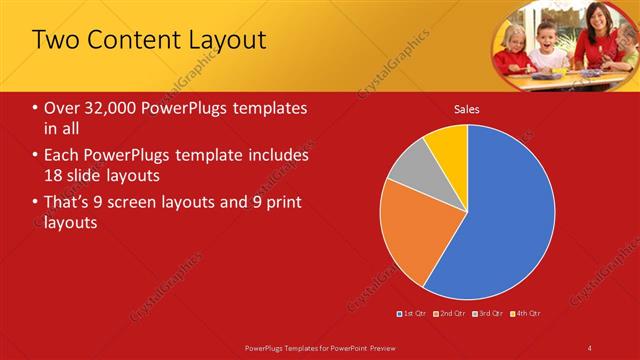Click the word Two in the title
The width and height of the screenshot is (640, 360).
click(x=56, y=40)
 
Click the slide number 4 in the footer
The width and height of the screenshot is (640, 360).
click(x=590, y=347)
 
